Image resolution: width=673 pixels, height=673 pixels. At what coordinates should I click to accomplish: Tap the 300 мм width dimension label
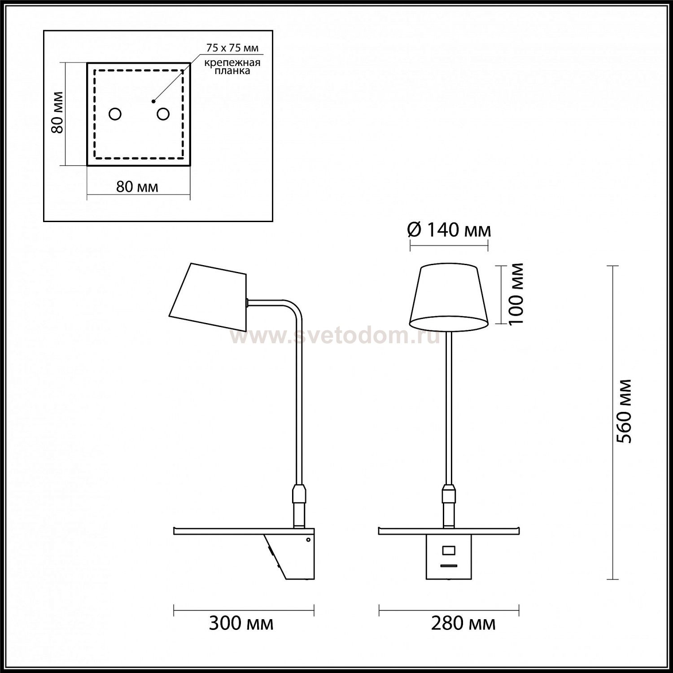(241, 623)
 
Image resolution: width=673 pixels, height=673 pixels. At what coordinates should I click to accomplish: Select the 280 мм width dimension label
(463, 623)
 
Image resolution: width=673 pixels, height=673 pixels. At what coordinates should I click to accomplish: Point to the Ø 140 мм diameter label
(449, 230)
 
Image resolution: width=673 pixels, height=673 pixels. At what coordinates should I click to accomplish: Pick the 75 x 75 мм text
(232, 48)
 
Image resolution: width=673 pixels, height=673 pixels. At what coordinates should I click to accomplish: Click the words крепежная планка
(232, 67)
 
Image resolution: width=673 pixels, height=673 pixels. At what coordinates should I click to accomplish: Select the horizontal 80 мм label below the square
(137, 186)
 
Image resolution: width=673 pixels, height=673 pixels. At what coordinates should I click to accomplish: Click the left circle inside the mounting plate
(115, 114)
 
